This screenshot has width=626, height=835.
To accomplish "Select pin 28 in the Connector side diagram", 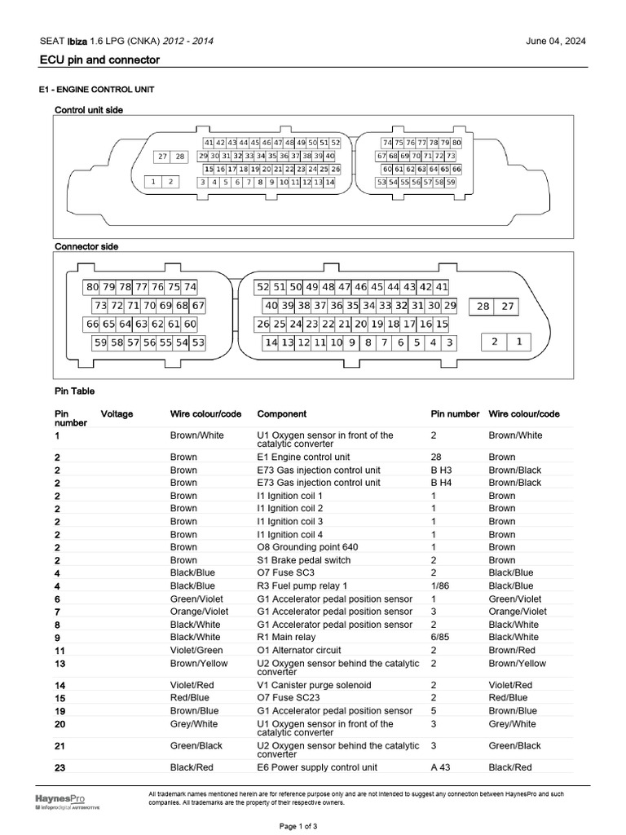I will point(483,307).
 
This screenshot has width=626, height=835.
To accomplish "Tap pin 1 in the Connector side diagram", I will point(519,342).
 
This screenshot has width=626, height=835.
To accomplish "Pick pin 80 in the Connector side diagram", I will point(92,287).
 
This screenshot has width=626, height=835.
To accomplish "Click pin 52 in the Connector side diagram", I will point(262,287).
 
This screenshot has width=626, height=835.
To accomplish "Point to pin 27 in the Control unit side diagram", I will point(163,157).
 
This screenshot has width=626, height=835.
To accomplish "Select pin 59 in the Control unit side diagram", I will point(451,183).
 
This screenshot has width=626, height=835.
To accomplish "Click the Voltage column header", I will point(117,414).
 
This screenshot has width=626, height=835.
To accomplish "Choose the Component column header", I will point(282,414).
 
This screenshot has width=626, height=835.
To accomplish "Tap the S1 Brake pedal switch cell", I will point(304,560).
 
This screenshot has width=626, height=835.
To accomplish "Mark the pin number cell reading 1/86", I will point(441,585).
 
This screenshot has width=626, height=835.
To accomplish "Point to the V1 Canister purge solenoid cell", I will point(314,685).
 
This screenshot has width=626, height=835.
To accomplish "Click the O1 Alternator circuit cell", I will point(299,650).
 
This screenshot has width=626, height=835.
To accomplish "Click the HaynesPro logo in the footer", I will point(60,798).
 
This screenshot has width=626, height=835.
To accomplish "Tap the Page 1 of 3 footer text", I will point(298,826).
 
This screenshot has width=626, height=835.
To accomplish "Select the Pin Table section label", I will point(75,391).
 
